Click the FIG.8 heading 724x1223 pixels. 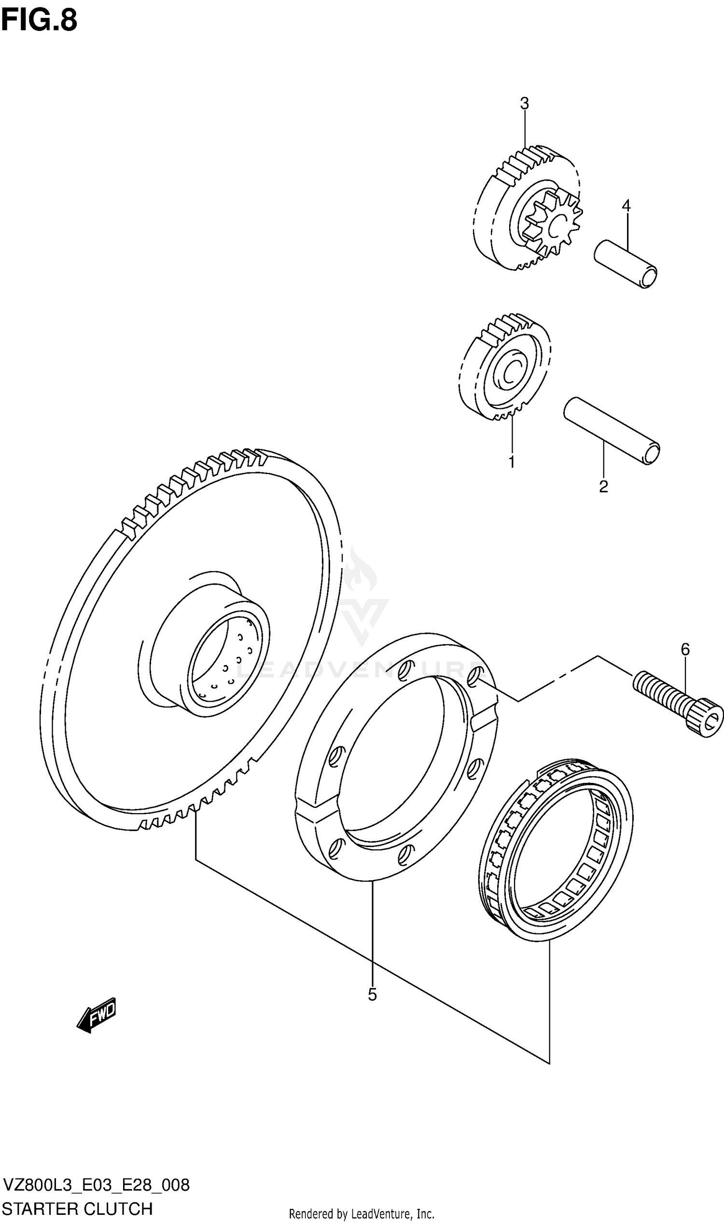coord(39,20)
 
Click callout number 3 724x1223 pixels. coord(524,103)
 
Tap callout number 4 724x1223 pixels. coord(626,206)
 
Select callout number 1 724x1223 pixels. coord(512,461)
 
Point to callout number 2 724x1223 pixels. coord(603,486)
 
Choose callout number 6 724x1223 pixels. coord(685,649)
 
